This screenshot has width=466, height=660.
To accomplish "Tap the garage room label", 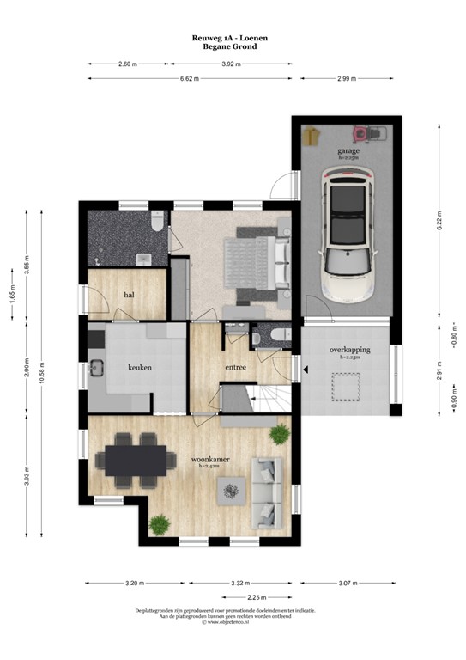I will tap(348, 150).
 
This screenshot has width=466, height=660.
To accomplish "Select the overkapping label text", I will tap(348, 351).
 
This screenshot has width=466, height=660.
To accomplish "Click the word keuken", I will tap(140, 367).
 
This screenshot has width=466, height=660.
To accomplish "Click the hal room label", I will tap(130, 295).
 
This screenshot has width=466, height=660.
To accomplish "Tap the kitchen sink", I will tap(96, 370).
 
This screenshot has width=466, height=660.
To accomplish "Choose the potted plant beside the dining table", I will tap(158, 523).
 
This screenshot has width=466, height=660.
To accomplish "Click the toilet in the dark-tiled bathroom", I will tap(157, 223).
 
